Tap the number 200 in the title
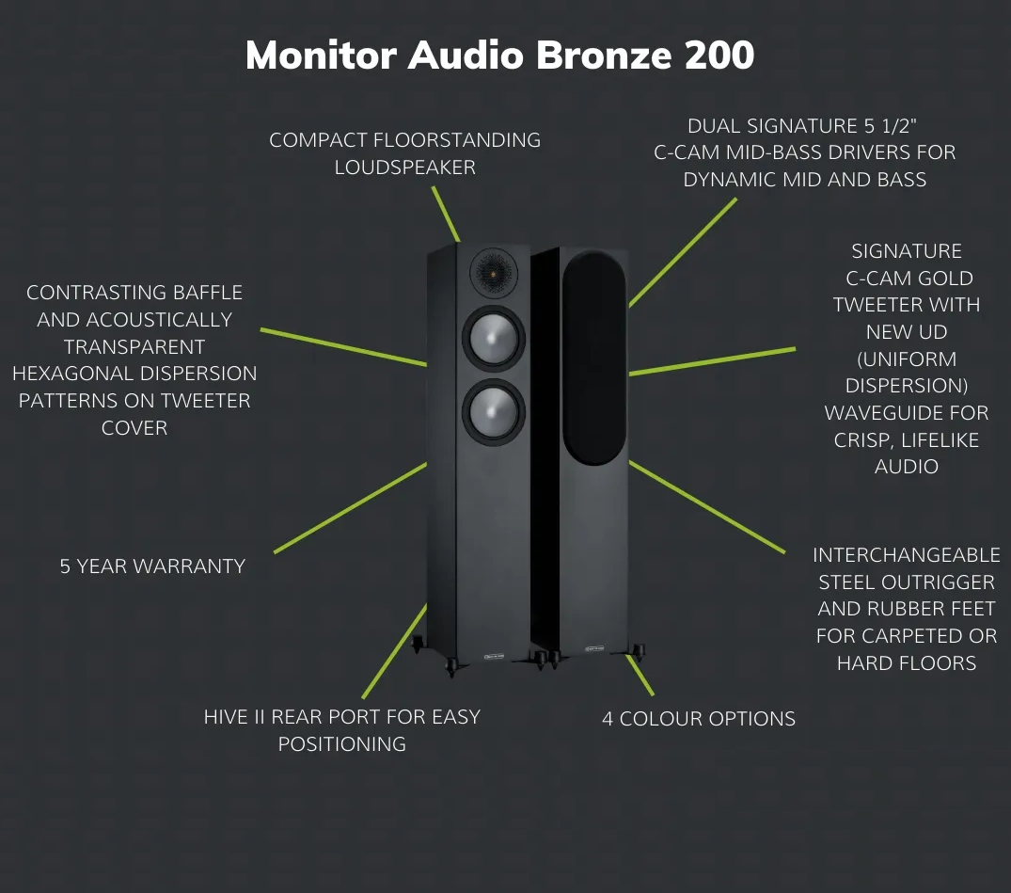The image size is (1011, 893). (719, 56)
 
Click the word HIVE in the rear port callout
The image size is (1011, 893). (229, 717)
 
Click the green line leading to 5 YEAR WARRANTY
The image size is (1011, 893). (350, 508)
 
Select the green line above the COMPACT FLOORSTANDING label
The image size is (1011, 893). (446, 213)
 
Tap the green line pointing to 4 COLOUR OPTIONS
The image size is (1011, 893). (640, 675)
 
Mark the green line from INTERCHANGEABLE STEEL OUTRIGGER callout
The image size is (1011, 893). (706, 507)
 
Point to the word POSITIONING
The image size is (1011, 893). (342, 744)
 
